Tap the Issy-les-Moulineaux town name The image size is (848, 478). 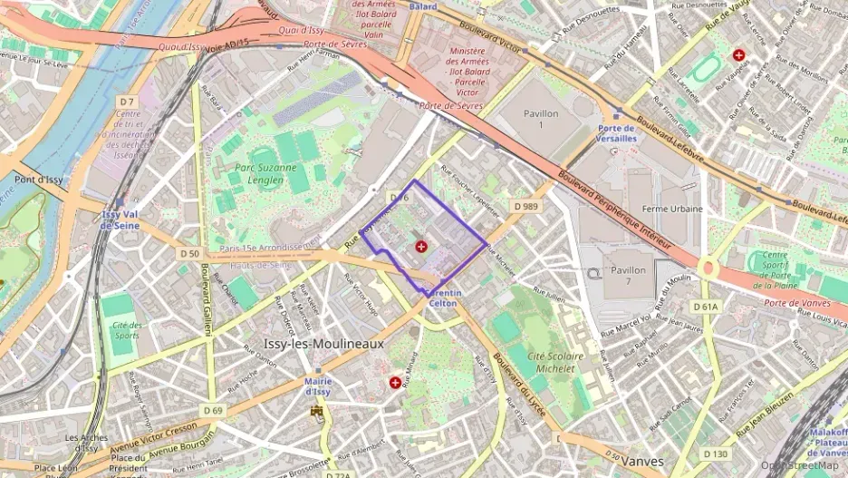pyautogui.click(x=323, y=345)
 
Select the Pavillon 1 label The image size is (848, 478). pyautogui.click(x=542, y=118)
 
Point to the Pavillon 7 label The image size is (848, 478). pyautogui.click(x=628, y=276)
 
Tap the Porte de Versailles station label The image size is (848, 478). pyautogui.click(x=616, y=133)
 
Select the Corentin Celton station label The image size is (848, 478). pyautogui.click(x=443, y=298)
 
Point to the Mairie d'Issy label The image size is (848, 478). pyautogui.click(x=317, y=386)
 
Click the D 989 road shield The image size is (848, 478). pyautogui.click(x=525, y=207)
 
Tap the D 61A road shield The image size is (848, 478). pyautogui.click(x=705, y=307)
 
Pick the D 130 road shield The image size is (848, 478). pyautogui.click(x=715, y=454)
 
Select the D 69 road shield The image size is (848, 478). pyautogui.click(x=213, y=411)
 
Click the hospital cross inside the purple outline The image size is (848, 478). pyautogui.click(x=420, y=247)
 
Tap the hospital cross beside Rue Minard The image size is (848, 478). pyautogui.click(x=395, y=384)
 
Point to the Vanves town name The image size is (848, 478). pyautogui.click(x=644, y=461)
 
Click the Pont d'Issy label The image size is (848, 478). pyautogui.click(x=36, y=180)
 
